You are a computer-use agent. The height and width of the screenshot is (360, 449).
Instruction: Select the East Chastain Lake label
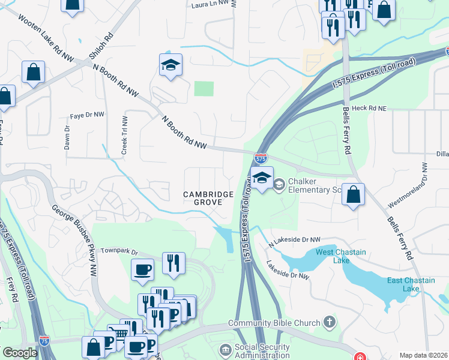tap(411, 284)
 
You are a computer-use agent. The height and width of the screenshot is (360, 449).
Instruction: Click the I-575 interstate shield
tap(261, 159)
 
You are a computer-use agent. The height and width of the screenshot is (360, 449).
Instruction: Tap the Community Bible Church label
tap(274, 323)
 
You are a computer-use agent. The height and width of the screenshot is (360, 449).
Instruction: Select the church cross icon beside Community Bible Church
tap(328, 323)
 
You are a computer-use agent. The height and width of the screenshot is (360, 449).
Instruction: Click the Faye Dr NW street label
tap(87, 115)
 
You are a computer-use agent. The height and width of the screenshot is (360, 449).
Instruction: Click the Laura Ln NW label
tap(210, 4)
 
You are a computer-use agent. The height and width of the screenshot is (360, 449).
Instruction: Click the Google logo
tap(20, 353)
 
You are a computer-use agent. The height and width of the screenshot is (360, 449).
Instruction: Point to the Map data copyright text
tap(423, 355)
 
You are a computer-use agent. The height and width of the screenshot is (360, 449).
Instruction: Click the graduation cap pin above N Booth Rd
tap(170, 66)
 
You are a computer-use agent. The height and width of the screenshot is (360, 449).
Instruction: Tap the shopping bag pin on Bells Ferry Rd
tap(354, 194)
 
